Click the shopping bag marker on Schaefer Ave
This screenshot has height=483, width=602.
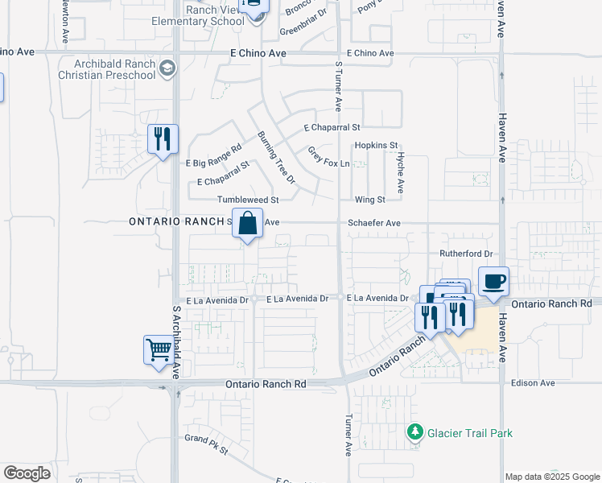tap(248, 222)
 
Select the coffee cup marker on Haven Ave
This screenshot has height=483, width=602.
tap(493, 282)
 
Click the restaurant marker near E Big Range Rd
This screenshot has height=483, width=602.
tap(163, 138)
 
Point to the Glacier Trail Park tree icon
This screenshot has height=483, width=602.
tap(415, 433)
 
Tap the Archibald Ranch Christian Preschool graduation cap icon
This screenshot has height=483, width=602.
tap(168, 68)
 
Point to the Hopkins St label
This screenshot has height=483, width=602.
tap(377, 146)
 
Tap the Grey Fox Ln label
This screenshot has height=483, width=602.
tap(328, 157)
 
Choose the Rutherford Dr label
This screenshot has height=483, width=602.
tap(465, 254)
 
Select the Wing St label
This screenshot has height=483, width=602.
tap(371, 199)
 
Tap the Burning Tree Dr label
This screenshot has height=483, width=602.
tap(276, 157)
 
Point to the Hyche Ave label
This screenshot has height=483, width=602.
tap(400, 174)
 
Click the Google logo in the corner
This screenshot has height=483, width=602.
tap(27, 473)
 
